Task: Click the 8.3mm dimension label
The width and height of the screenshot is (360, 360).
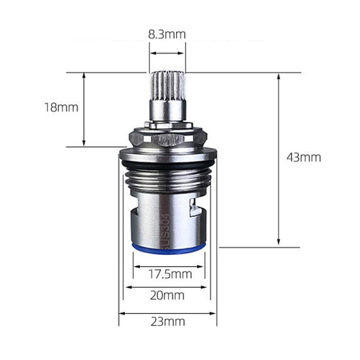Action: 166,35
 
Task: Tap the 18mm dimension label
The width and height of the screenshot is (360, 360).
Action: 61,108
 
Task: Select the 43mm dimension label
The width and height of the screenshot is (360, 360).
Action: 303,157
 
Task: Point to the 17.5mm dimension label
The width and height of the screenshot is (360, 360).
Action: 170,274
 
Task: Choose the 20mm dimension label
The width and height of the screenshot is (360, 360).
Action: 167,295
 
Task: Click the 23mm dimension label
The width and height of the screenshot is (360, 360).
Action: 167,322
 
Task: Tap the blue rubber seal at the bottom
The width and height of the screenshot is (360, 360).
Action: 168,249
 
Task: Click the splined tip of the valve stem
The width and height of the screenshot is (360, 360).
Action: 168,85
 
